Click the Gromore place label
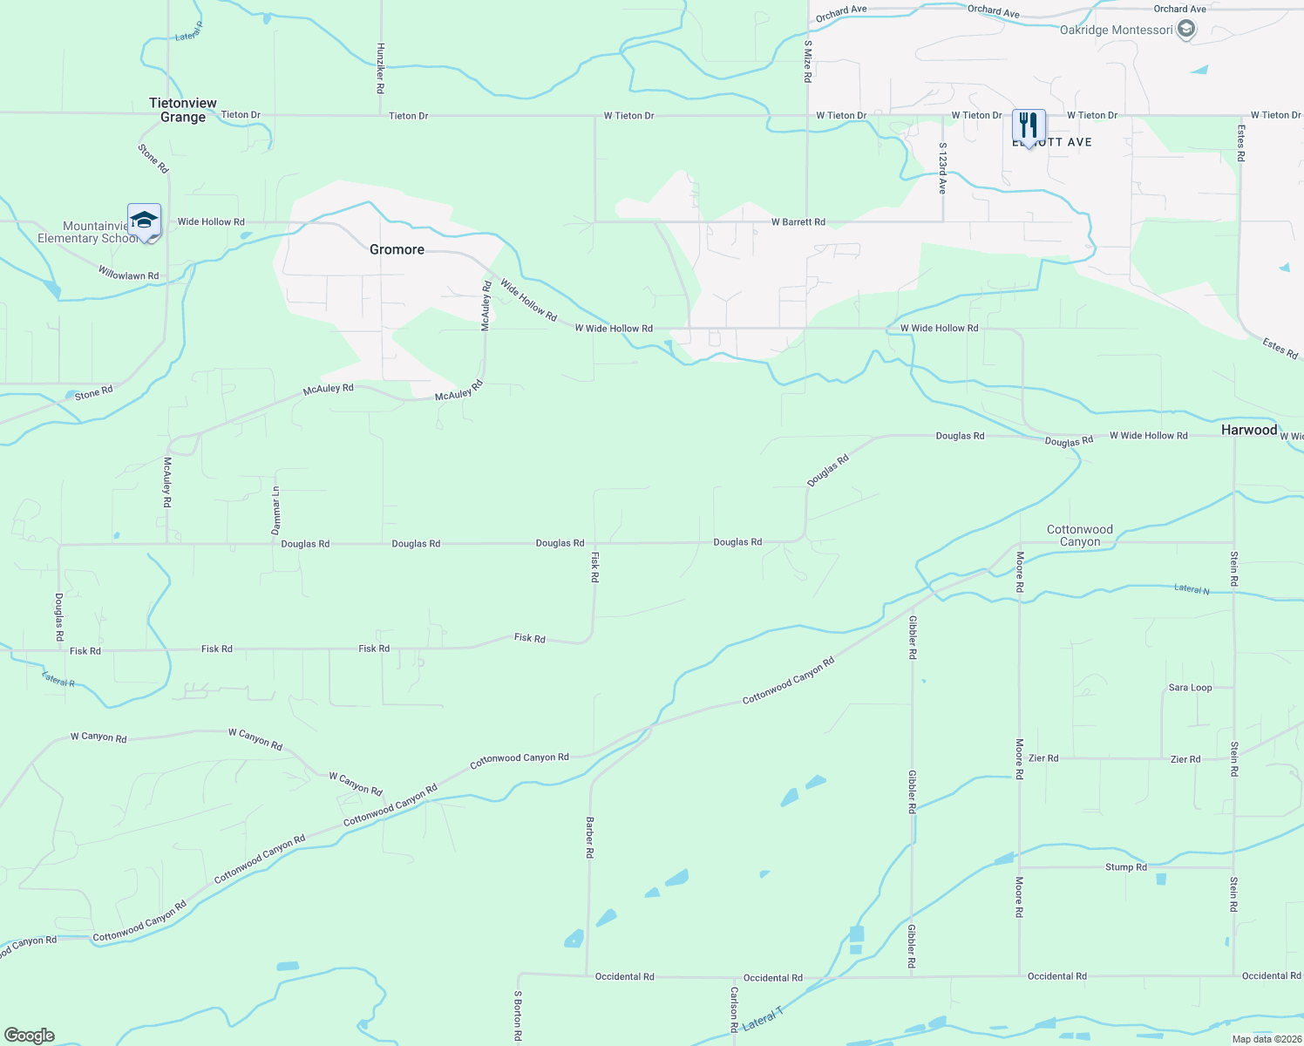[x=397, y=249]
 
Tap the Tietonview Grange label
[x=183, y=110]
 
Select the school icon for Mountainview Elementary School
[x=144, y=221]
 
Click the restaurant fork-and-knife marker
[x=1029, y=126]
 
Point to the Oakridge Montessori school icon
[x=1185, y=30]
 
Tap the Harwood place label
[x=1248, y=430]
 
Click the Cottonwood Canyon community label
[x=1080, y=535]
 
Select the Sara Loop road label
[x=1190, y=688]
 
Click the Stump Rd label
[x=1126, y=867]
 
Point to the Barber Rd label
[x=590, y=838]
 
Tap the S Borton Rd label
[x=518, y=1015]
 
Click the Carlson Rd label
[x=735, y=1009]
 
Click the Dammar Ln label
[x=276, y=511]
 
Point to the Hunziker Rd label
[x=381, y=69]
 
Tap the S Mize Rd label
[x=808, y=61]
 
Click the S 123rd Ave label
[x=942, y=168]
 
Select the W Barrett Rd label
[x=798, y=222]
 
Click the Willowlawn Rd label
[x=128, y=275]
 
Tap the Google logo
[x=30, y=1036]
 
